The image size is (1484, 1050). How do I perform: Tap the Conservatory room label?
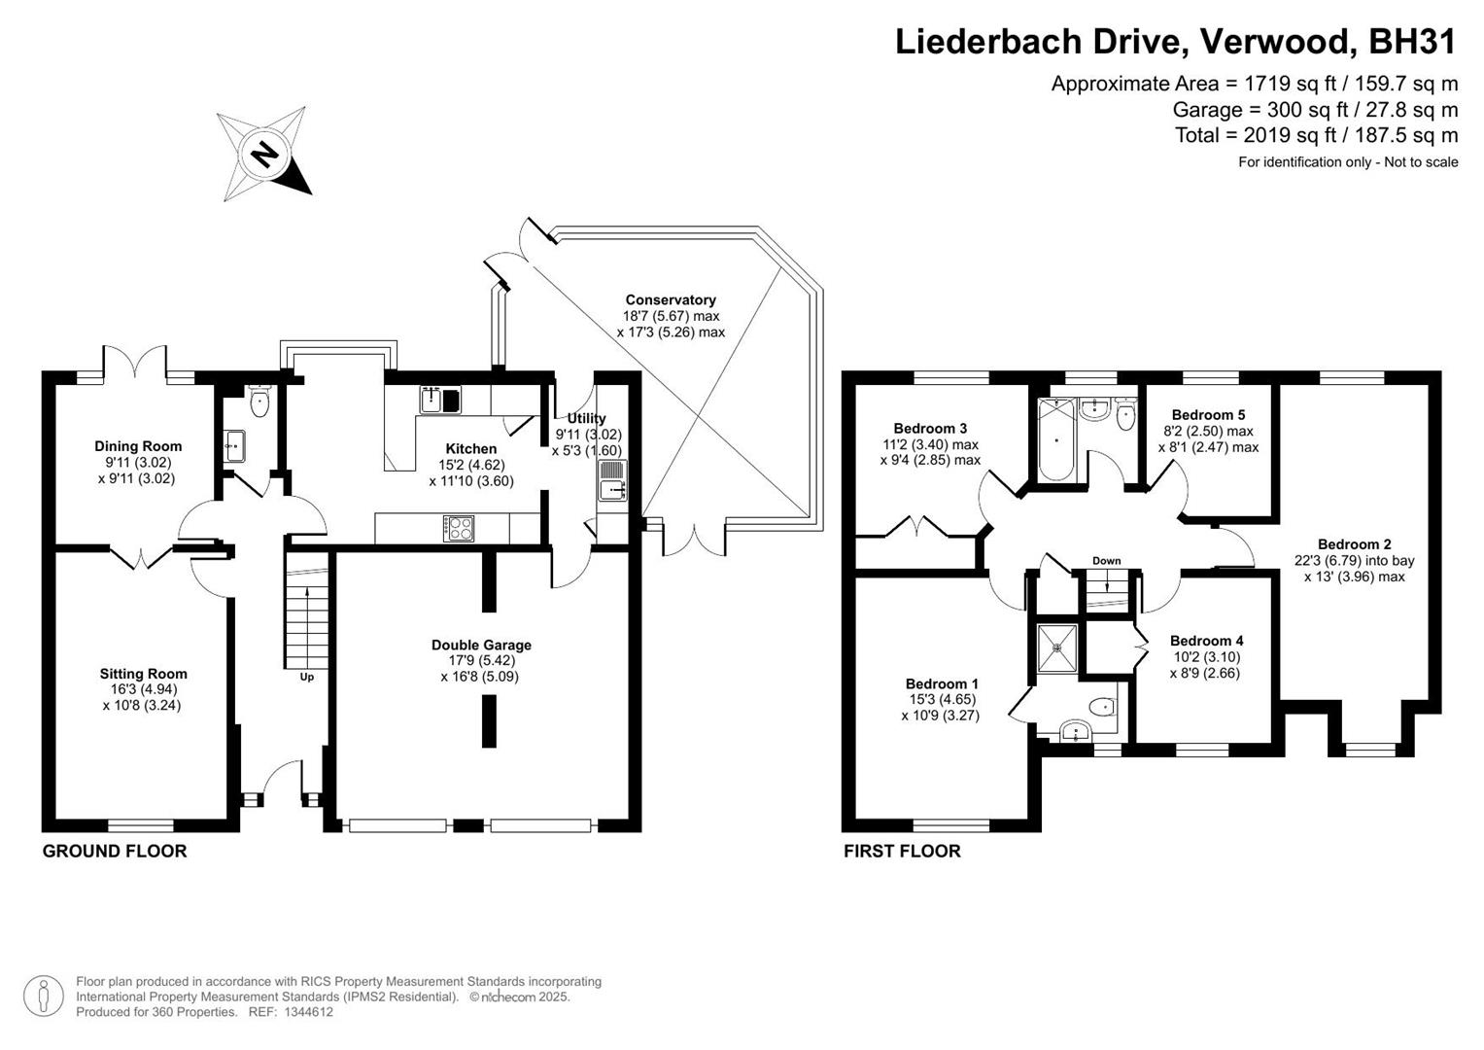tap(670, 300)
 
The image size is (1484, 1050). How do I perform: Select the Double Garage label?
tap(481, 645)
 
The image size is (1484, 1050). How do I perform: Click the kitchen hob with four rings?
tap(460, 528)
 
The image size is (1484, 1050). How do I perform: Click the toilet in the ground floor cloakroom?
tap(259, 402)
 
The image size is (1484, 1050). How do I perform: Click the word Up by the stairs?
tap(306, 677)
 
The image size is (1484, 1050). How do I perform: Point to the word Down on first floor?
tap(1106, 561)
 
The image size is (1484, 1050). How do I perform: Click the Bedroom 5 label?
tap(1208, 415)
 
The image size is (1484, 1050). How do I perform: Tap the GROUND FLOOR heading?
tap(115, 852)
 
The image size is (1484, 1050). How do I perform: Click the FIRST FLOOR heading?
tap(902, 852)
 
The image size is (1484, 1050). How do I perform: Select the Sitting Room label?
tap(143, 674)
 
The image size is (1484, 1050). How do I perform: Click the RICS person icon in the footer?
tap(44, 996)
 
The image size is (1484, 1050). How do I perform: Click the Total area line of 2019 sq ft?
tap(1316, 135)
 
